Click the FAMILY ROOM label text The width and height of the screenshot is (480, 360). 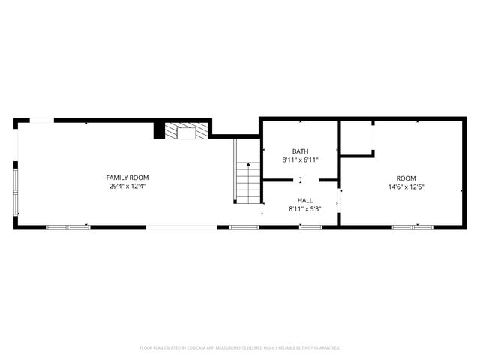[126, 177]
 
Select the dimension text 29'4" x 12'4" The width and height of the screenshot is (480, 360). [126, 186]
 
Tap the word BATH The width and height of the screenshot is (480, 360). [300, 151]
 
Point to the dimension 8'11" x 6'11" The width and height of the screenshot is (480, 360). [300, 160]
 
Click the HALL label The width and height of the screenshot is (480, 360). [305, 200]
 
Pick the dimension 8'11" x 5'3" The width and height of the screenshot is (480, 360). [305, 209]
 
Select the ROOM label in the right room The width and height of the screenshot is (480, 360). [397, 178]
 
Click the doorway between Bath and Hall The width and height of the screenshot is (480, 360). [301, 180]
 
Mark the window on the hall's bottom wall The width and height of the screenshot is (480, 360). [310, 226]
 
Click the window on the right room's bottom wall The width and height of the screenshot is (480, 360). [403, 226]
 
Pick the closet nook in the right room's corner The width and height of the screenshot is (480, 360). [357, 137]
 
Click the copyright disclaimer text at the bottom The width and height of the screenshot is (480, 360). [240, 348]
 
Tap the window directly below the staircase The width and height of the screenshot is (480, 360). [244, 226]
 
